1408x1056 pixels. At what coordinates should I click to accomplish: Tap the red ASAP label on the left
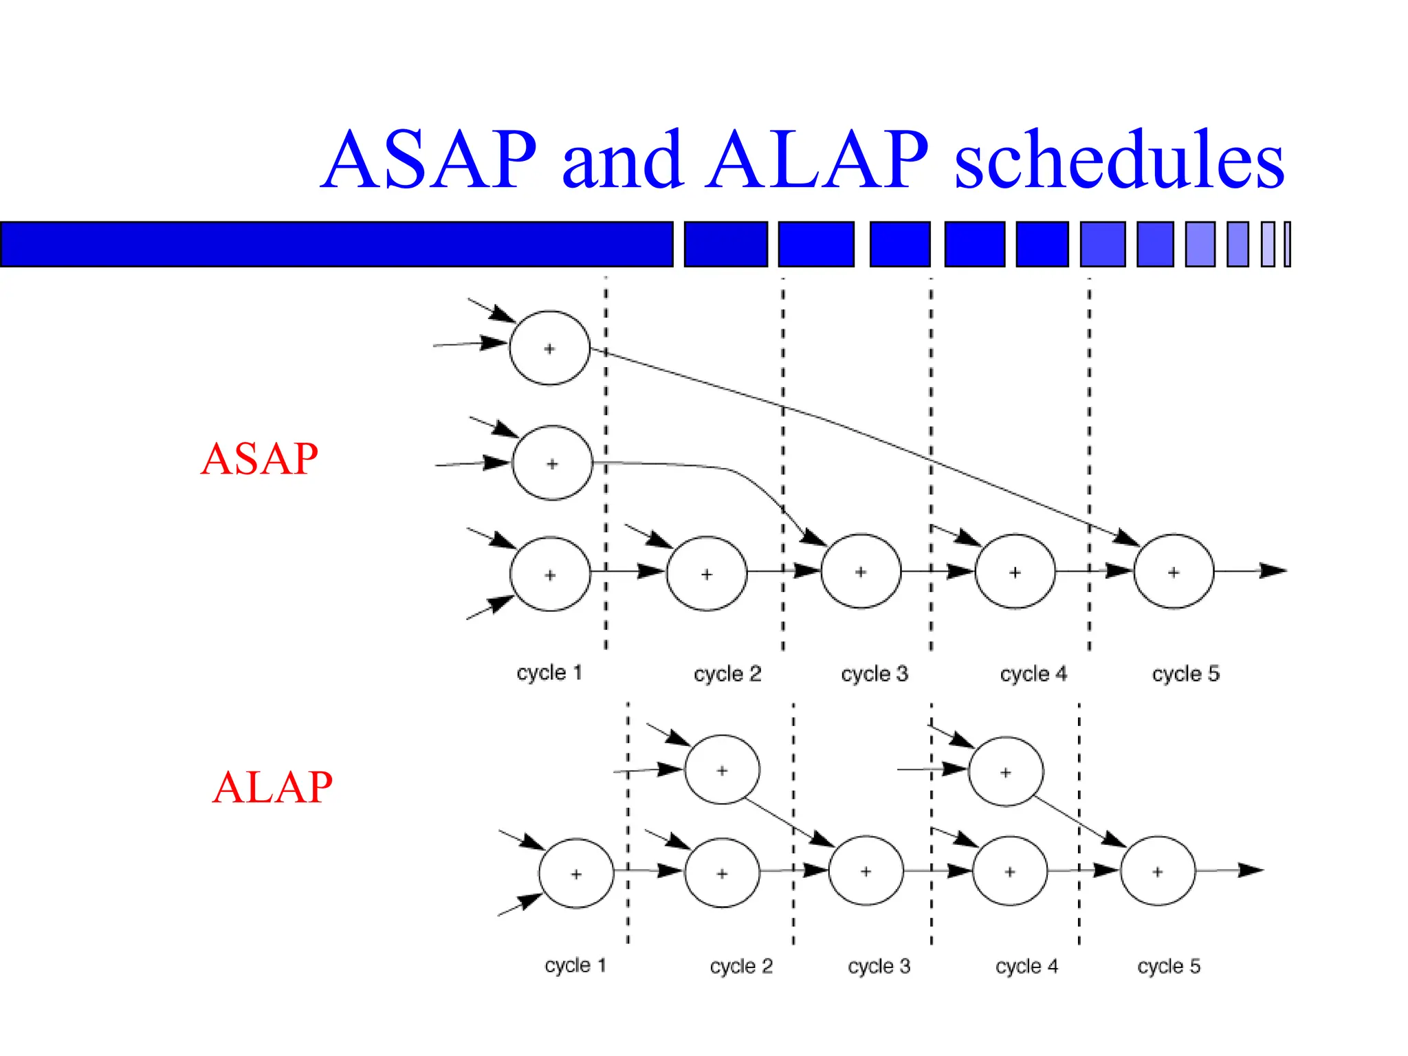tap(259, 459)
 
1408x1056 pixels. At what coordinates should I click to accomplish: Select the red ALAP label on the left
tap(272, 787)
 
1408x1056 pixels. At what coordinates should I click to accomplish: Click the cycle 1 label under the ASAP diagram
tap(549, 672)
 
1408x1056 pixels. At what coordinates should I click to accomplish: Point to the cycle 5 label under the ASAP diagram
tap(1185, 674)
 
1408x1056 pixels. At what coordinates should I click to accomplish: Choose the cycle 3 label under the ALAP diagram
tap(879, 966)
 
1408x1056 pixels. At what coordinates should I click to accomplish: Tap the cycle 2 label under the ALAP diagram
tap(741, 966)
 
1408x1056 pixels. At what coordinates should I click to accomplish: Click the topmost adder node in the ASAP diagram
tap(549, 348)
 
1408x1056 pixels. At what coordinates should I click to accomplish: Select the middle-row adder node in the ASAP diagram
tap(552, 463)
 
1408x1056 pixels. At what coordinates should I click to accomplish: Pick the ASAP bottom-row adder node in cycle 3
tap(861, 571)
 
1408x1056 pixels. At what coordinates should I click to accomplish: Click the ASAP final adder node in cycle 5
tap(1174, 571)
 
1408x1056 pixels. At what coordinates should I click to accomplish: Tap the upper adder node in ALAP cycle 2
tap(722, 770)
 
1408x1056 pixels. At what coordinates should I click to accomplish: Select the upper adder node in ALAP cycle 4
tap(1005, 771)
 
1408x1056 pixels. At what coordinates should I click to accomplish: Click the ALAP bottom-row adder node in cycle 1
tap(576, 873)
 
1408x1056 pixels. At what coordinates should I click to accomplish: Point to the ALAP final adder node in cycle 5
tap(1158, 871)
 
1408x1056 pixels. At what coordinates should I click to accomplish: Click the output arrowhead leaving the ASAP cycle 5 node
tap(1273, 571)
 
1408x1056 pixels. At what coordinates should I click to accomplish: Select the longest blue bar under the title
tap(337, 244)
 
